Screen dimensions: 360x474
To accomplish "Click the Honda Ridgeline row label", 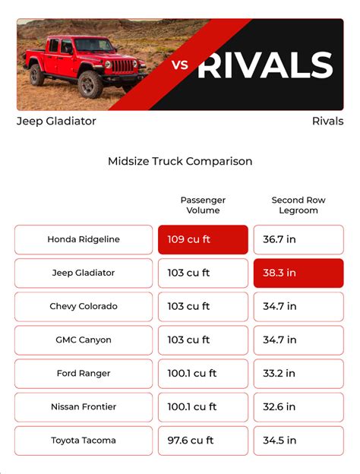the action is point(84,239).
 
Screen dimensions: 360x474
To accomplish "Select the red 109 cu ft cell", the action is point(203,239).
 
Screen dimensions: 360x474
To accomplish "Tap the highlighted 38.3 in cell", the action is point(298,273).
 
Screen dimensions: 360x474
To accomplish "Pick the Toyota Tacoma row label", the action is point(84,441).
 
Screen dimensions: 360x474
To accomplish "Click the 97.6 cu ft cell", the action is point(203,441).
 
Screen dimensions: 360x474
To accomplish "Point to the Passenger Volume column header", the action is point(203,205).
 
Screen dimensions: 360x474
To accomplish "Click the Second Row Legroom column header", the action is point(298,205).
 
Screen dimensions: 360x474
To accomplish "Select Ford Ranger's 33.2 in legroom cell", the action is point(298,373).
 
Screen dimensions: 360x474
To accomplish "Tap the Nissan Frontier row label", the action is point(84,407).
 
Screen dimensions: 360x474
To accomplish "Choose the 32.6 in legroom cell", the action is point(298,407).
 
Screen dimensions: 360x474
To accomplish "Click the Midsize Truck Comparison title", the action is point(180,161).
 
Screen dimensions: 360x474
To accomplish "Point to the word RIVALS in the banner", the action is point(265,65).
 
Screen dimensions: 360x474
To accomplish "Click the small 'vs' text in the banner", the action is point(180,65).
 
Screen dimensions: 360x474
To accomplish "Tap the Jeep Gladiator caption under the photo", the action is point(56,122).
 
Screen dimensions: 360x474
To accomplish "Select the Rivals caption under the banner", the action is point(327,122).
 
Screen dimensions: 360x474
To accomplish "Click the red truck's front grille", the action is point(122,66).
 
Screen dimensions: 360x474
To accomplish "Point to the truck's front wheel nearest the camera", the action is point(90,84).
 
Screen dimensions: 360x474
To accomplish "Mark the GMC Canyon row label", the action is point(84,340).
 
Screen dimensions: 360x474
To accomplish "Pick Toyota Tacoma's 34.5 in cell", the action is point(298,441).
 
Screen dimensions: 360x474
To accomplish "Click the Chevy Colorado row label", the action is point(84,307).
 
